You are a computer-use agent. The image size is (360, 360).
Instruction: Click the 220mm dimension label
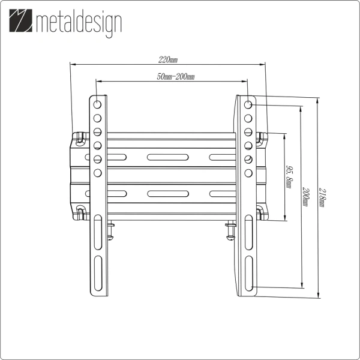pos(168,60)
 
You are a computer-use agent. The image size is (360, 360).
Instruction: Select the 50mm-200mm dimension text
pos(171,77)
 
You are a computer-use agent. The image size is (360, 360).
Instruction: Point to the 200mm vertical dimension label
pos(306,196)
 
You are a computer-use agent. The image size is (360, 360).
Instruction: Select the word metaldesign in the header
pos(78,24)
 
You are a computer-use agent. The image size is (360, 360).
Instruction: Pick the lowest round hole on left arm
pos(97,173)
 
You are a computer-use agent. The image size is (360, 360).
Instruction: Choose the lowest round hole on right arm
pos(248,173)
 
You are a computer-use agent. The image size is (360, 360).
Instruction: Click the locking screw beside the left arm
pos(110,232)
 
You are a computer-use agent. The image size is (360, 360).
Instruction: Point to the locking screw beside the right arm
pos(230,232)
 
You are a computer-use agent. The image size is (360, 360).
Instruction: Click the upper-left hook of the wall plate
pos(79,137)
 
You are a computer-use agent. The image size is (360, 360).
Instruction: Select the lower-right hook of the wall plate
pos(260,212)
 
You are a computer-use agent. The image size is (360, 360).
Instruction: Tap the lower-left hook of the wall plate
pos(79,212)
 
